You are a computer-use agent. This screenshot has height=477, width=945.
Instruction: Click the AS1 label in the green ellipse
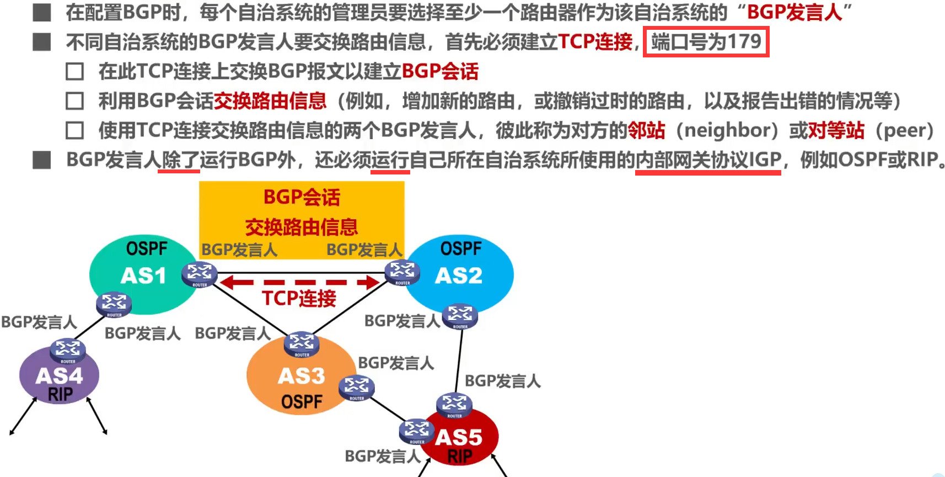pos(143,275)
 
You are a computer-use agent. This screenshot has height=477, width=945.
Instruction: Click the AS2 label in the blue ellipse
pos(459,275)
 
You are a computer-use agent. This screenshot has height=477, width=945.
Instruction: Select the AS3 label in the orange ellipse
pos(302,376)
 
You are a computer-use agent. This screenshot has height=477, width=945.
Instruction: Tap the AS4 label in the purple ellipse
pos(59,376)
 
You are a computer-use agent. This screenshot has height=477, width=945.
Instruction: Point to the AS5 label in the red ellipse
pos(459,437)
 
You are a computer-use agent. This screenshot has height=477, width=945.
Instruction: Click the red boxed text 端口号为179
pos(706,42)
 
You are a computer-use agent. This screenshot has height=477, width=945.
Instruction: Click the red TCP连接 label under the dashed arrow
pos(299,299)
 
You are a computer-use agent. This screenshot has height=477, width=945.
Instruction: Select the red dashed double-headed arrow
pos(299,283)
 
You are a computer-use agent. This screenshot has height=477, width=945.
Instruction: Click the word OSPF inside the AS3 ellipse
pos(302,401)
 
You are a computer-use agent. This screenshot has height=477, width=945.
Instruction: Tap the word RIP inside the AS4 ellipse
pos(60,394)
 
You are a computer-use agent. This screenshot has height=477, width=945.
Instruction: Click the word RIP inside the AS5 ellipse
pos(459,457)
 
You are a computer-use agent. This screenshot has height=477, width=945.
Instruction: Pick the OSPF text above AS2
pos(461,248)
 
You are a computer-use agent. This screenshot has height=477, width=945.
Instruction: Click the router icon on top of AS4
pos(68,350)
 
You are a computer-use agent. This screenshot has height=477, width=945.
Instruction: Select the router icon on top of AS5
pos(454,404)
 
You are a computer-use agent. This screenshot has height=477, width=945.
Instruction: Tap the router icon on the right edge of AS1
pos(200,273)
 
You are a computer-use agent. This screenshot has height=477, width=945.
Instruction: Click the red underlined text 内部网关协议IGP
pos(708,160)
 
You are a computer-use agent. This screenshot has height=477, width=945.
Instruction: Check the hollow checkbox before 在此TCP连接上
pos(75,71)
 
